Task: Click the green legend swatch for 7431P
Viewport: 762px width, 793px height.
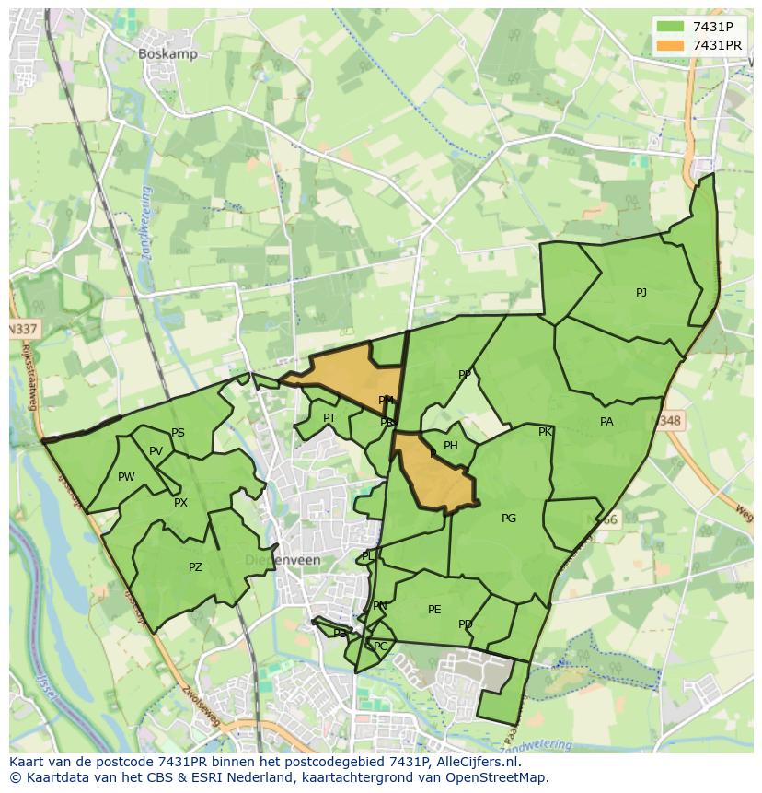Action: pyautogui.click(x=671, y=27)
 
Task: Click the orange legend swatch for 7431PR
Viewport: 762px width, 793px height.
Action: pyautogui.click(x=671, y=45)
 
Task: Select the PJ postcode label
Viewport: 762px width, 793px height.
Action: pyautogui.click(x=641, y=293)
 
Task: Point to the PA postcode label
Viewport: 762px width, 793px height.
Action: pyautogui.click(x=606, y=422)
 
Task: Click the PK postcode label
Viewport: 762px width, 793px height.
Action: pyautogui.click(x=545, y=432)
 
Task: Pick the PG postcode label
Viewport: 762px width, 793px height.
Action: pyautogui.click(x=509, y=519)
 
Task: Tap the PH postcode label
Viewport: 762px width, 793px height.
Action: pyautogui.click(x=450, y=446)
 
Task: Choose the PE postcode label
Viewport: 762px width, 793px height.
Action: pyautogui.click(x=434, y=610)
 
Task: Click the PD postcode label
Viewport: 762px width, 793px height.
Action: pyautogui.click(x=465, y=624)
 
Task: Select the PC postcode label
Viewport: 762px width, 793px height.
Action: pyautogui.click(x=380, y=647)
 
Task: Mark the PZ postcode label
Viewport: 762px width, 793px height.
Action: pyautogui.click(x=195, y=567)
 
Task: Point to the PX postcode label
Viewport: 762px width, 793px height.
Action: pyautogui.click(x=180, y=503)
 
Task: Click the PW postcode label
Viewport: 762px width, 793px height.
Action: pyautogui.click(x=126, y=477)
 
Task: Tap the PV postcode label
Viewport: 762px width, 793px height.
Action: pyautogui.click(x=156, y=451)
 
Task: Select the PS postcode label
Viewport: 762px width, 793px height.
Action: pyautogui.click(x=178, y=433)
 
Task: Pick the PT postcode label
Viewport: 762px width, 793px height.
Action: pyautogui.click(x=329, y=418)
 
